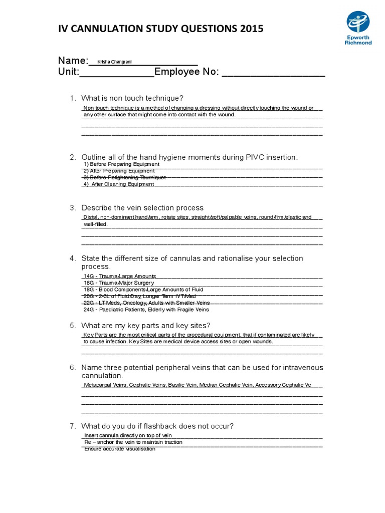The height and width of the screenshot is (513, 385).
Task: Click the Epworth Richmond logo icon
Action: tap(358, 23)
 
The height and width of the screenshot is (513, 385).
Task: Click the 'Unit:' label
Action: tap(69, 73)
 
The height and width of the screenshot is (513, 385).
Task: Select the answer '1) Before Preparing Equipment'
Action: tap(121, 164)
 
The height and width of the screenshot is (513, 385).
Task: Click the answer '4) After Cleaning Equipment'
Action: tap(119, 184)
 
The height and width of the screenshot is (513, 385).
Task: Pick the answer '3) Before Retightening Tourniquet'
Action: tap(124, 177)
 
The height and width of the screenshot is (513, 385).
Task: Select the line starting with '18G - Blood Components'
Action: tap(143, 290)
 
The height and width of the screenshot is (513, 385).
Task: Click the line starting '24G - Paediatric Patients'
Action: tap(146, 310)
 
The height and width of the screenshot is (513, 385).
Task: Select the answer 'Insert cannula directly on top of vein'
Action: tap(128, 436)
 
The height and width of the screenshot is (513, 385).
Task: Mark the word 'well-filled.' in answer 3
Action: tap(95, 224)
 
